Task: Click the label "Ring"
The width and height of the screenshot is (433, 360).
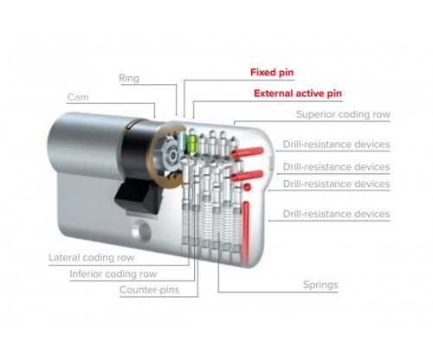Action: click(x=129, y=78)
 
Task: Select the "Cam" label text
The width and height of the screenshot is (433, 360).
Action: click(x=78, y=97)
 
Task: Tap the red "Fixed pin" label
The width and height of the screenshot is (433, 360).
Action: click(x=272, y=72)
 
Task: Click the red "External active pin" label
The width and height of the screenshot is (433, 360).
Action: click(x=298, y=93)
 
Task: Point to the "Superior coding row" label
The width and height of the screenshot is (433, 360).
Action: click(x=343, y=114)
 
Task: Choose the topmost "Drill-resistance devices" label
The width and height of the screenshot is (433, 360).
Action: click(x=336, y=145)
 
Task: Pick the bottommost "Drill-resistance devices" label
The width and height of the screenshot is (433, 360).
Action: click(x=336, y=214)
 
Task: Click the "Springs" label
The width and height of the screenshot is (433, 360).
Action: click(x=320, y=285)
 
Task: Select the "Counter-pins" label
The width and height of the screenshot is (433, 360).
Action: click(x=149, y=290)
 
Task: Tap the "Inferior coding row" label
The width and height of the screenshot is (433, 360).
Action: click(x=113, y=273)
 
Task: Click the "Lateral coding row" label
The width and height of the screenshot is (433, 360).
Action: click(x=91, y=257)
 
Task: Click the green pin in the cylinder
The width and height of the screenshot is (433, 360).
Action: click(x=192, y=144)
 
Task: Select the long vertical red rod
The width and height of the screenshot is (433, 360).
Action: click(x=246, y=232)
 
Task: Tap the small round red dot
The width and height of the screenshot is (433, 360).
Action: click(x=248, y=187)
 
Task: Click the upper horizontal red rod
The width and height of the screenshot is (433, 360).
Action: click(x=248, y=152)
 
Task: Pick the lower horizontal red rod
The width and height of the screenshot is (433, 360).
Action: click(x=247, y=176)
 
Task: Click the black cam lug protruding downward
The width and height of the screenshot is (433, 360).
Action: click(x=138, y=196)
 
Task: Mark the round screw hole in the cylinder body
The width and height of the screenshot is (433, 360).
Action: click(x=143, y=231)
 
